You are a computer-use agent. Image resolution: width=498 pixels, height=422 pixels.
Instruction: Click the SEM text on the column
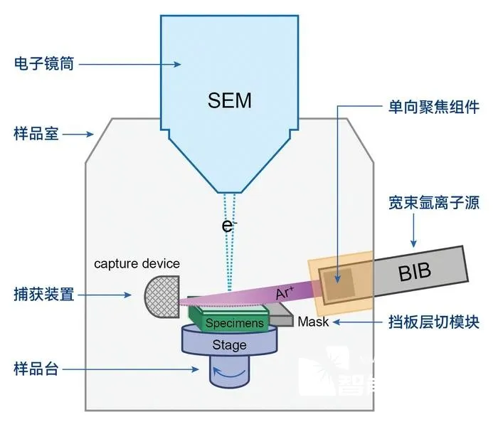click(x=229, y=100)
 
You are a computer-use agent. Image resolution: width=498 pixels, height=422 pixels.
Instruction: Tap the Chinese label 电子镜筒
click(x=44, y=63)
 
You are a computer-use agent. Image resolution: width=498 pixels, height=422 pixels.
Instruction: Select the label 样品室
click(x=36, y=134)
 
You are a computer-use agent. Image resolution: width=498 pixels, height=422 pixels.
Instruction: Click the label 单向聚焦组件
click(x=434, y=107)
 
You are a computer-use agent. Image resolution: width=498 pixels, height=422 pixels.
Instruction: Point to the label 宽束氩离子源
click(x=434, y=202)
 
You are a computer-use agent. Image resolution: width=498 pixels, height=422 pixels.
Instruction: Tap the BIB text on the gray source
click(x=415, y=272)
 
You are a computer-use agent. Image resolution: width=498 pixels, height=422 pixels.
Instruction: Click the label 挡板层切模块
click(x=434, y=322)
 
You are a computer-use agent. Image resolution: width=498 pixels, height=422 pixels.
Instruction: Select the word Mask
click(x=313, y=322)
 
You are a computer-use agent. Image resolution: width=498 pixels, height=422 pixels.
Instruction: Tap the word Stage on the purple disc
click(x=229, y=345)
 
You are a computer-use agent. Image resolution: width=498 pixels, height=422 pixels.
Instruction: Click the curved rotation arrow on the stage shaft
click(x=228, y=373)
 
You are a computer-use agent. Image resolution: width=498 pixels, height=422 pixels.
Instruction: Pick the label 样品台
click(x=36, y=369)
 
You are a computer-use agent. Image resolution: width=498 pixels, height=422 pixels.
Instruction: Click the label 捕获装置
click(x=44, y=294)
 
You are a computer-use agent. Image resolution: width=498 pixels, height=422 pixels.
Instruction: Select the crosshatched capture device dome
click(x=162, y=297)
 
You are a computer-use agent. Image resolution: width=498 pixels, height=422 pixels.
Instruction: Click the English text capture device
click(x=137, y=264)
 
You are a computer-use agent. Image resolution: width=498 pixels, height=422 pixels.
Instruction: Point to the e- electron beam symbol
click(x=228, y=226)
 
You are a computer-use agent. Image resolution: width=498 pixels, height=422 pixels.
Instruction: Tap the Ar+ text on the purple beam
click(x=285, y=293)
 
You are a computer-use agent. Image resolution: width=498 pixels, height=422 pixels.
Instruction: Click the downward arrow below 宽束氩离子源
click(x=413, y=231)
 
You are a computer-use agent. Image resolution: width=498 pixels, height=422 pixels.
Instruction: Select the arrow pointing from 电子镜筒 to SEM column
click(x=130, y=65)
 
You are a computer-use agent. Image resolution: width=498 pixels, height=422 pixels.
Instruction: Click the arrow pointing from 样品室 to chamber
click(x=78, y=134)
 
